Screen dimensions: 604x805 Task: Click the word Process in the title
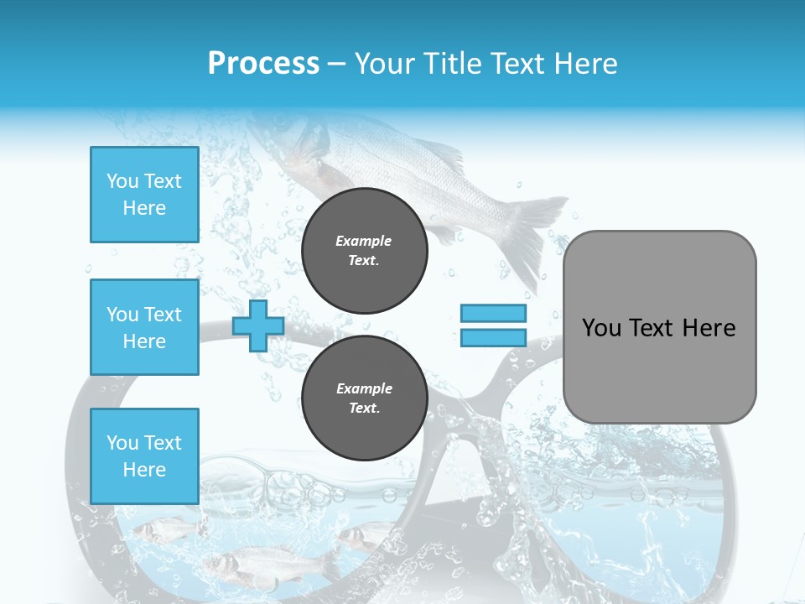tap(263, 64)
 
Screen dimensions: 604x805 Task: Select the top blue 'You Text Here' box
tap(144, 195)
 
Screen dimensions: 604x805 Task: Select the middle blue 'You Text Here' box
tap(144, 327)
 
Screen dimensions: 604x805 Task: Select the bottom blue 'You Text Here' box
tap(144, 456)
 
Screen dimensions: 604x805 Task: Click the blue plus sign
tap(257, 326)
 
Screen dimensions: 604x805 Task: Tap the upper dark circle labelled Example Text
tap(364, 250)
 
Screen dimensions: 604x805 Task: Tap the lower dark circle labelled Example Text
tap(364, 398)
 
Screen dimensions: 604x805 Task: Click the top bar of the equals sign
tap(493, 314)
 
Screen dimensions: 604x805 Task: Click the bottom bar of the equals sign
tap(493, 337)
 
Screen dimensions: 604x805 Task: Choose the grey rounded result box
tap(659, 327)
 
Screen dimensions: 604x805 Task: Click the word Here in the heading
tap(585, 64)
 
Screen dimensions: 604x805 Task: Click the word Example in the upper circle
tap(364, 241)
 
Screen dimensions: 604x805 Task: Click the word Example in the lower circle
tap(364, 388)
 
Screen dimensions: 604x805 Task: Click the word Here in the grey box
tap(709, 328)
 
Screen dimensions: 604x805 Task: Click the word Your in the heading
tap(385, 64)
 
